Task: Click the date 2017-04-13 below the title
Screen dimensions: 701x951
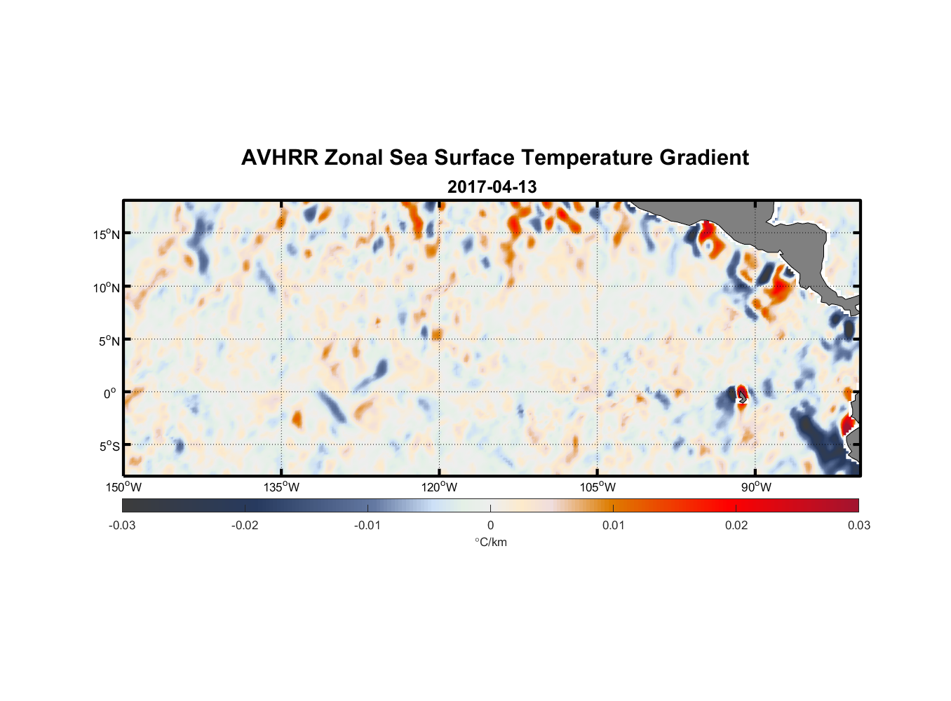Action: click(x=492, y=187)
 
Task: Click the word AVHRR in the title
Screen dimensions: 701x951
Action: click(x=279, y=158)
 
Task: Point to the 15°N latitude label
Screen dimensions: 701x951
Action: click(x=107, y=234)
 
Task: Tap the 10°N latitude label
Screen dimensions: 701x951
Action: click(x=107, y=287)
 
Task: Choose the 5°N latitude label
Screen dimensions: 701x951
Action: click(x=109, y=341)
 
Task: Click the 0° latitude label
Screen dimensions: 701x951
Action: click(x=110, y=393)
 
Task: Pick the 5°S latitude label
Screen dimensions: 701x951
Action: click(x=109, y=447)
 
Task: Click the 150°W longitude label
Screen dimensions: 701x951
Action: click(x=123, y=487)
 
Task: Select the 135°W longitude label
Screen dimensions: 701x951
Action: click(x=281, y=487)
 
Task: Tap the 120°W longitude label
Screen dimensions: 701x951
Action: click(x=439, y=487)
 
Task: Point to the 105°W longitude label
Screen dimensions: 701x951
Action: click(x=598, y=487)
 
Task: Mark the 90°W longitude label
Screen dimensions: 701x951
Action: click(x=756, y=487)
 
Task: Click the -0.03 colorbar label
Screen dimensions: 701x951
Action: click(x=122, y=526)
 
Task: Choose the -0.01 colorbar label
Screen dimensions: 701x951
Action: click(x=367, y=526)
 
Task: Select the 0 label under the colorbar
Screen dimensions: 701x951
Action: click(x=490, y=526)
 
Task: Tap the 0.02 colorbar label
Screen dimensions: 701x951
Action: click(x=736, y=526)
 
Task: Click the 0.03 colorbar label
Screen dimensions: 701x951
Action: click(x=858, y=526)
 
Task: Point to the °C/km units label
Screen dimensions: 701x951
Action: click(x=490, y=542)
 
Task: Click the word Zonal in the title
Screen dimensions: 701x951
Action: click(x=353, y=158)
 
